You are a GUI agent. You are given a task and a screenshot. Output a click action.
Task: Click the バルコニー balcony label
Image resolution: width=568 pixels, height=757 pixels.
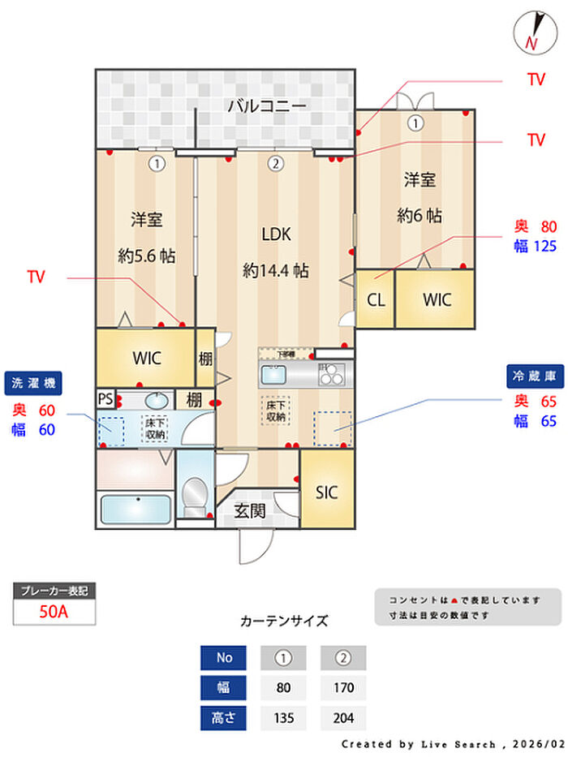pos(266,105)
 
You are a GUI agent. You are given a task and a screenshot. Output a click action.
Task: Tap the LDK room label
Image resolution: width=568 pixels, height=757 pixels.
pos(276,234)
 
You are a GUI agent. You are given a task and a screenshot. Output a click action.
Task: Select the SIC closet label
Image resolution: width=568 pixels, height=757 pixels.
pos(326,492)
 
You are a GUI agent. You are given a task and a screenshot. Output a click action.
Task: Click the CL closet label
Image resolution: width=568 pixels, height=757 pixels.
pos(376,299)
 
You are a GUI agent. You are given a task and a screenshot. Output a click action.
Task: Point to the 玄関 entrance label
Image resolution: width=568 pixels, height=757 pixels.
pos(251,511)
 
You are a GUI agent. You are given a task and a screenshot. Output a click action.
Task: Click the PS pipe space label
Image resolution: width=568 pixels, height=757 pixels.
pos(105,399)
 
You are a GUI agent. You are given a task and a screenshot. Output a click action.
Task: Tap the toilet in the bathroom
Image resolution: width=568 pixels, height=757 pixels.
pos(194,494)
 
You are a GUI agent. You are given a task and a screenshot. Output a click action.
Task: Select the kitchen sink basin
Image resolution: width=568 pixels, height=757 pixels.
pos(273,376)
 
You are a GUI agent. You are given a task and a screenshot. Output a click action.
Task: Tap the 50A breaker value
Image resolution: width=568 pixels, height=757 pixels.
pos(54,612)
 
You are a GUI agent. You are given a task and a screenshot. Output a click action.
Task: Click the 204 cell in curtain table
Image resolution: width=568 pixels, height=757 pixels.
pos(343,718)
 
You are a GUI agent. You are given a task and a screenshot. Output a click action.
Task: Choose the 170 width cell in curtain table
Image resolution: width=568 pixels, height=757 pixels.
pos(343,688)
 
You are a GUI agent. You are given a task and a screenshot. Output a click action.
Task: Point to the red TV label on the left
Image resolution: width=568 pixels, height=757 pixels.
pos(36,277)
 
